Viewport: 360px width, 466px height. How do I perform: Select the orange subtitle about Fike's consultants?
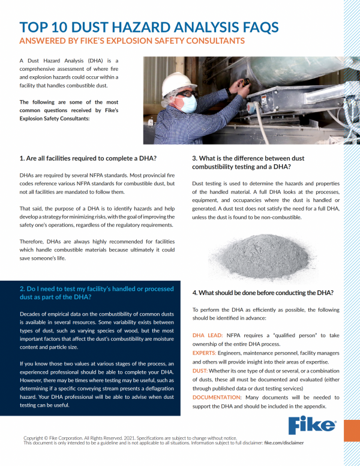132,41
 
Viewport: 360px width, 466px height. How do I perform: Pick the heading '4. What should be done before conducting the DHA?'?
263,292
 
